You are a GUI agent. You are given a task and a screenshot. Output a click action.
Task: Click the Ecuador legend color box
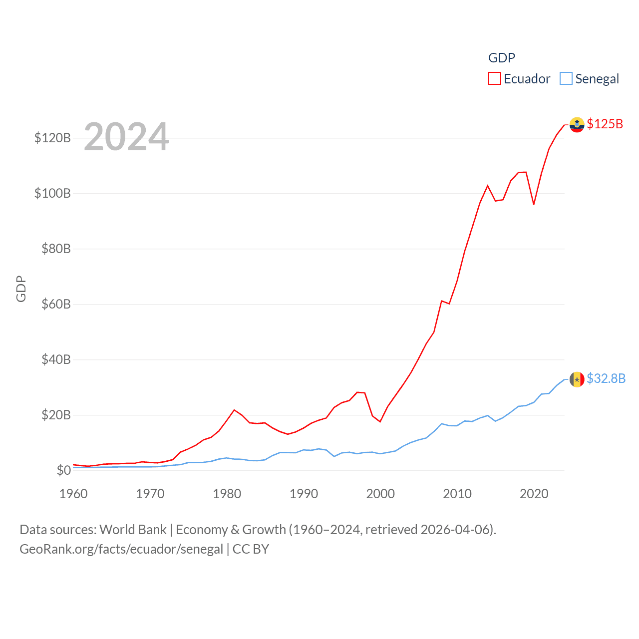(494, 79)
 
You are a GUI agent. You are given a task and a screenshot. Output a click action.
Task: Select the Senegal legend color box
(566, 79)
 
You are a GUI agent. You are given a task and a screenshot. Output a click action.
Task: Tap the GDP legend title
(501, 58)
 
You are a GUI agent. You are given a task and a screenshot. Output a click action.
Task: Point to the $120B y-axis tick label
(52, 138)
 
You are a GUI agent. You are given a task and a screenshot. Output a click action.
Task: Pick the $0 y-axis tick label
(63, 470)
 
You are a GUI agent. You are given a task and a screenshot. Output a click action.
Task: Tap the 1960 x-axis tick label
(73, 494)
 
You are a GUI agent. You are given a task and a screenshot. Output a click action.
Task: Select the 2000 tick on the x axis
(380, 494)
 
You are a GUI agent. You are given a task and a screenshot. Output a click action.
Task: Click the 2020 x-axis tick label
(534, 494)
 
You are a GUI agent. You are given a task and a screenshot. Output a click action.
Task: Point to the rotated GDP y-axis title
(21, 289)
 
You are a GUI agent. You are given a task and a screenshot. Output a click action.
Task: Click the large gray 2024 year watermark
(126, 137)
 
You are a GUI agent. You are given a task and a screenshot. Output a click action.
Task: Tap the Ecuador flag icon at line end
(577, 125)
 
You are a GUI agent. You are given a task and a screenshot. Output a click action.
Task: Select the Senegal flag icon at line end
(577, 379)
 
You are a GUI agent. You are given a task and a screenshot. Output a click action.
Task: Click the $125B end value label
(605, 124)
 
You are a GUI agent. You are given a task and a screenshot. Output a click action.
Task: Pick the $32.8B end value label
(606, 378)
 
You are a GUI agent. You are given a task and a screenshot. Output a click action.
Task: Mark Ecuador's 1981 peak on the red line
(234, 410)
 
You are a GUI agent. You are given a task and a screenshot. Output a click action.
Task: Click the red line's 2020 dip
(534, 204)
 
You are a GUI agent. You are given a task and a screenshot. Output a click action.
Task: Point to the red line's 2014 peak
(488, 186)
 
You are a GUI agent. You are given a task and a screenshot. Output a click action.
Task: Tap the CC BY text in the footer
(251, 549)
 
